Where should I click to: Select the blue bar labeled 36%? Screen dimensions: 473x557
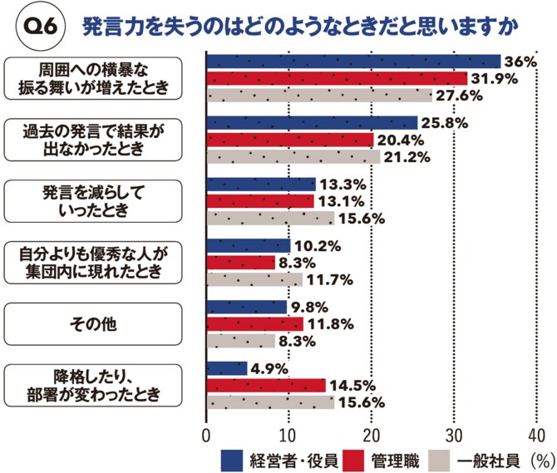pyautogui.click(x=352, y=62)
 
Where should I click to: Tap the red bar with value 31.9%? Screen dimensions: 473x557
pyautogui.click(x=336, y=79)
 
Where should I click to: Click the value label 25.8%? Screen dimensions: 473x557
pyautogui.click(x=446, y=123)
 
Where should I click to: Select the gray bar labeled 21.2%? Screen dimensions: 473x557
pyautogui.click(x=293, y=157)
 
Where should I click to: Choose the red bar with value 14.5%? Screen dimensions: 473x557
pyautogui.click(x=265, y=385)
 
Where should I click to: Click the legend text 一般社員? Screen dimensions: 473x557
pyautogui.click(x=490, y=458)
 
